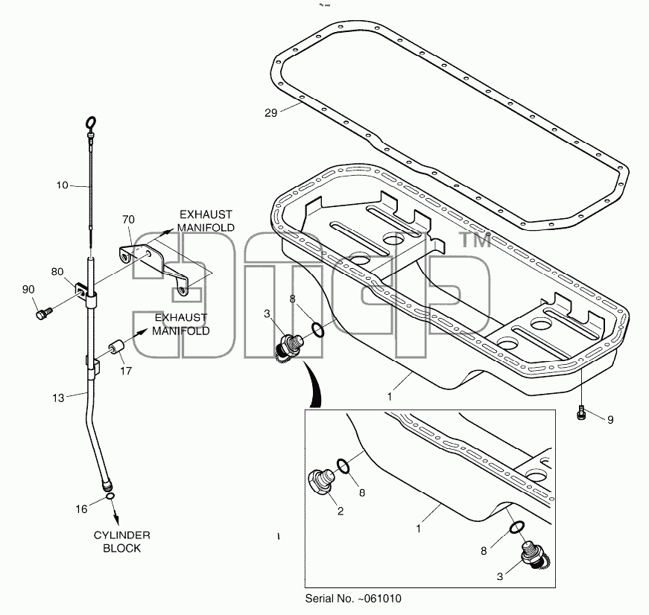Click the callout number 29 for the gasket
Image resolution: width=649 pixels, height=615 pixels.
[x=270, y=113]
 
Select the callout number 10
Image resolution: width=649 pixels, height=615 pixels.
[x=62, y=185]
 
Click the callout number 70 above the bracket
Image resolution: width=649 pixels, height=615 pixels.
[x=128, y=219]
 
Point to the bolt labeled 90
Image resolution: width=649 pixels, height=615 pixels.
[x=43, y=313]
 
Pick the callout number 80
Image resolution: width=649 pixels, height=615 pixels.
[x=57, y=272]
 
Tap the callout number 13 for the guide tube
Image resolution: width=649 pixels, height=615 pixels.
[x=58, y=398]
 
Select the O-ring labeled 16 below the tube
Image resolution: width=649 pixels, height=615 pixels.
[x=110, y=495]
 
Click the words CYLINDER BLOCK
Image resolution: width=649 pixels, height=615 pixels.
[x=121, y=542]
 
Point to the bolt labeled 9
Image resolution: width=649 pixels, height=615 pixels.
[x=581, y=412]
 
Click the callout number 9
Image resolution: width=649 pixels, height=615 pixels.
[x=610, y=420]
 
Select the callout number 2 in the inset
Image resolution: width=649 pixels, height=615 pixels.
[x=341, y=512]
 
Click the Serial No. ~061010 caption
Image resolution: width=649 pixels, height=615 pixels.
[x=353, y=599]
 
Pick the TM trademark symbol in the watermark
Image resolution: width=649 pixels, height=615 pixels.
[x=475, y=240]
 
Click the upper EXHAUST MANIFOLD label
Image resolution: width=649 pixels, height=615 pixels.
[x=206, y=221]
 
